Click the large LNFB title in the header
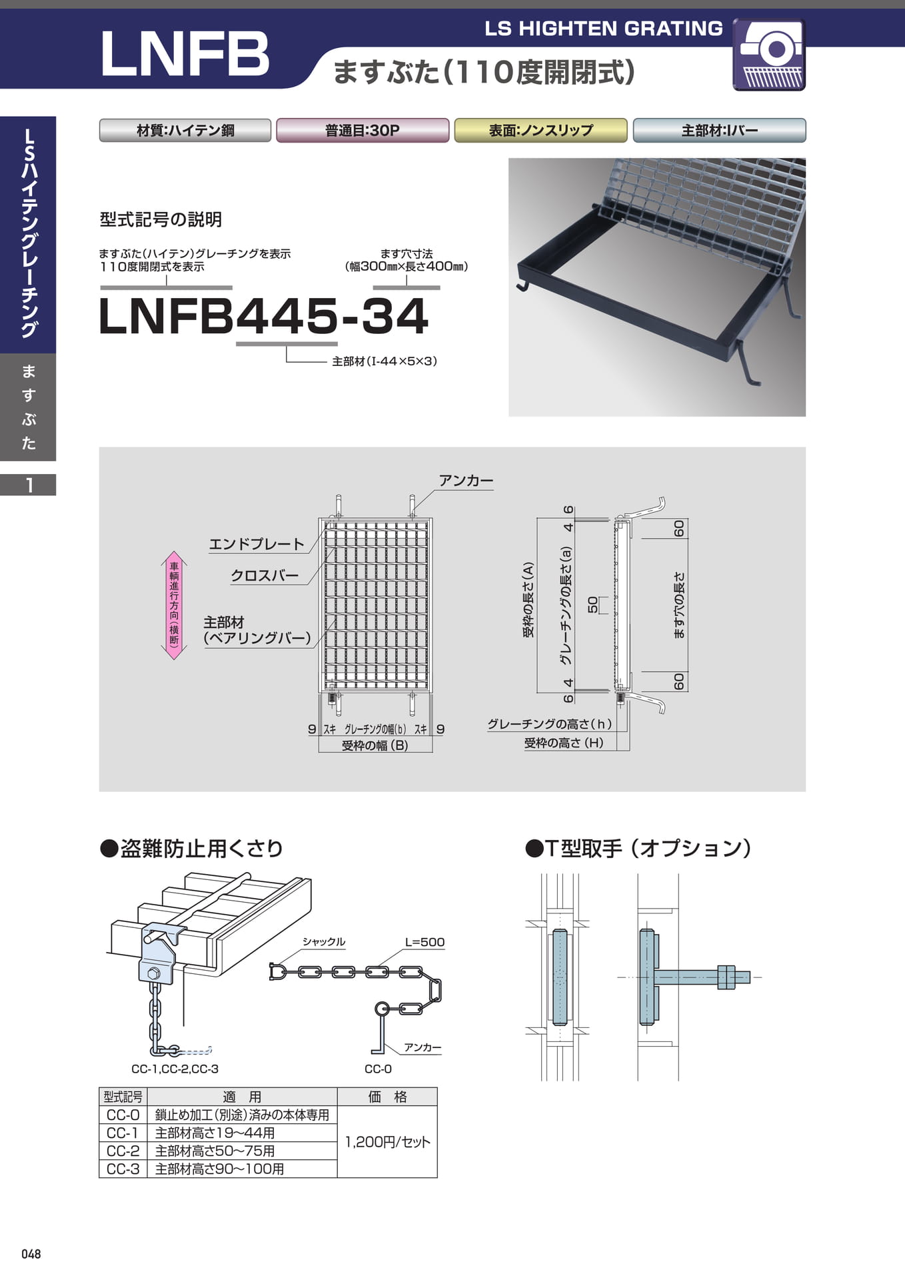point(185,53)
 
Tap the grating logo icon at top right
point(769,55)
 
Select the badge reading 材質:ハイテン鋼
point(185,131)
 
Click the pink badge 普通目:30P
point(363,131)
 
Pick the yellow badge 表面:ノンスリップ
point(540,131)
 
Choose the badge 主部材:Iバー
point(719,131)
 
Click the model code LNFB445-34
point(263,316)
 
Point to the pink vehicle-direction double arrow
point(174,605)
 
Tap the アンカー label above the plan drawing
point(466,481)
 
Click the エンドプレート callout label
point(257,544)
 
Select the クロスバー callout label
point(265,575)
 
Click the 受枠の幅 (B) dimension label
point(375,745)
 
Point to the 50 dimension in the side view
point(592,605)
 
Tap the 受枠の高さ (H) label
point(564,743)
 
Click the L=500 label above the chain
point(425,942)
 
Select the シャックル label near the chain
point(324,941)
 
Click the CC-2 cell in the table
point(123,1151)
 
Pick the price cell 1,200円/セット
point(387,1142)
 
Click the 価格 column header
point(387,1097)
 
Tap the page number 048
point(31,1254)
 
